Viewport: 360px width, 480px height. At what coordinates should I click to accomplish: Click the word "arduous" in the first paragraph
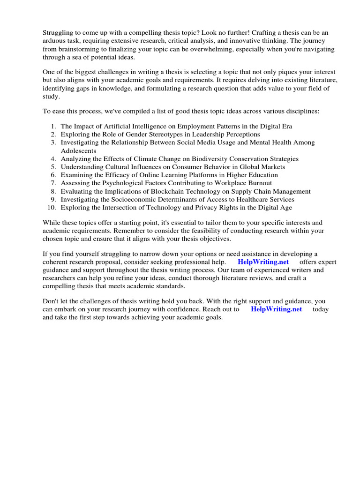click(x=54, y=41)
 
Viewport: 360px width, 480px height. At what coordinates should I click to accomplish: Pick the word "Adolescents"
click(x=79, y=151)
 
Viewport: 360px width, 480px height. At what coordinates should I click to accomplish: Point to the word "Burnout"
click(x=260, y=183)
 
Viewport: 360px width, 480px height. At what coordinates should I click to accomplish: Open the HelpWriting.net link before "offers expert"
click(x=263, y=262)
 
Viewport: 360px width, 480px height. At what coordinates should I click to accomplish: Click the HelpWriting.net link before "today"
click(x=276, y=309)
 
